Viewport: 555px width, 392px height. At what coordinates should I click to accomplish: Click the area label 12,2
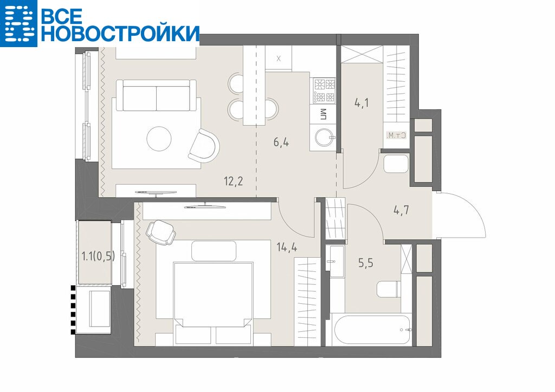click(233, 182)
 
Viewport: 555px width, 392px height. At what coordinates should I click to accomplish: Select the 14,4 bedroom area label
click(287, 247)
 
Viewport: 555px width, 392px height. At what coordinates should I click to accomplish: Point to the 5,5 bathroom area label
click(366, 263)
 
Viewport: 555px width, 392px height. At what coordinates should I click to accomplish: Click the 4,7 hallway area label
click(402, 210)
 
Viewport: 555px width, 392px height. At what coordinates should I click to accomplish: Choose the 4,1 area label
click(362, 103)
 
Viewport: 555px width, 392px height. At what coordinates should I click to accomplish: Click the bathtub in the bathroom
click(372, 329)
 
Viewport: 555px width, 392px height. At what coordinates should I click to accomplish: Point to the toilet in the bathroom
click(389, 289)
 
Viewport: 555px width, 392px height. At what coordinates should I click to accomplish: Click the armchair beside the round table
click(204, 145)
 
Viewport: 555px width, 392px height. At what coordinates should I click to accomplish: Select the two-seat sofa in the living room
click(156, 95)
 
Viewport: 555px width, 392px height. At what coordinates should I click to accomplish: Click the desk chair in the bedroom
click(160, 232)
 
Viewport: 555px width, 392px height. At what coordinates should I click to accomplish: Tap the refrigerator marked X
click(279, 58)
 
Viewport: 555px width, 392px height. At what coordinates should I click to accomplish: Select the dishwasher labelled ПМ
click(323, 115)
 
